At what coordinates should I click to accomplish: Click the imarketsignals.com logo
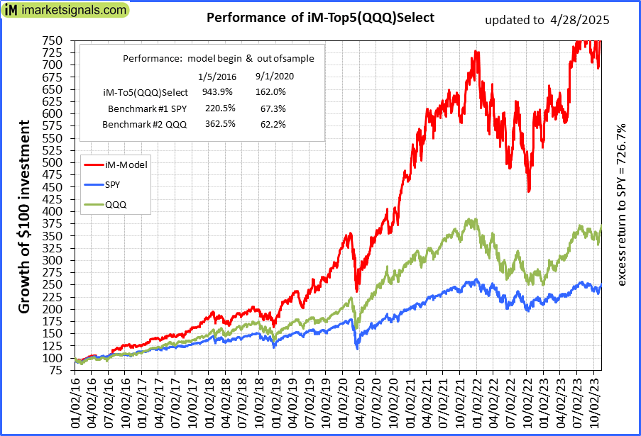point(65,11)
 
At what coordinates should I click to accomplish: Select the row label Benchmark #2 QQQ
point(145,125)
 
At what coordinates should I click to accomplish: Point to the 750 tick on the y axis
point(53,40)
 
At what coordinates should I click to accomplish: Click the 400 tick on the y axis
point(53,211)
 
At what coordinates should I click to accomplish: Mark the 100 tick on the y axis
point(53,358)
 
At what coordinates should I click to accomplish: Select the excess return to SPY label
point(622,206)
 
